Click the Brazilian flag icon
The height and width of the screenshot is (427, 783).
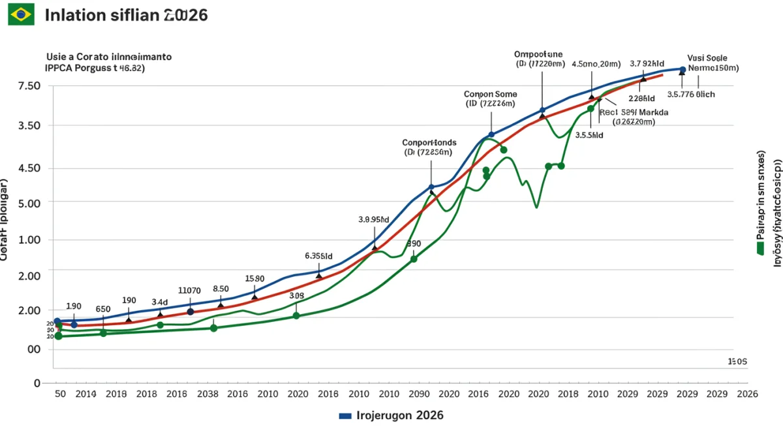point(22,14)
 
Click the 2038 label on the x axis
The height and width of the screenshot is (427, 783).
point(207,394)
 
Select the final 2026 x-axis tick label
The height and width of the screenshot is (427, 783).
point(746,394)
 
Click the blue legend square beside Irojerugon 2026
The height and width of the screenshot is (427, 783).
point(345,415)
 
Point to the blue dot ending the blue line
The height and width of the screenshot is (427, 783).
point(683,69)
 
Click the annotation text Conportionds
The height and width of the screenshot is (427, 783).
point(429,142)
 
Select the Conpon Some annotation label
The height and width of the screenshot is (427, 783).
point(490,93)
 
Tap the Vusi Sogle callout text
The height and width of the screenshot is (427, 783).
point(707,57)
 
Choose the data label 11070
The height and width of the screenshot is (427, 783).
point(189,290)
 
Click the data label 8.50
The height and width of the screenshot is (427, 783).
point(221,289)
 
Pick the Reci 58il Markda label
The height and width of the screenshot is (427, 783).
point(634,112)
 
